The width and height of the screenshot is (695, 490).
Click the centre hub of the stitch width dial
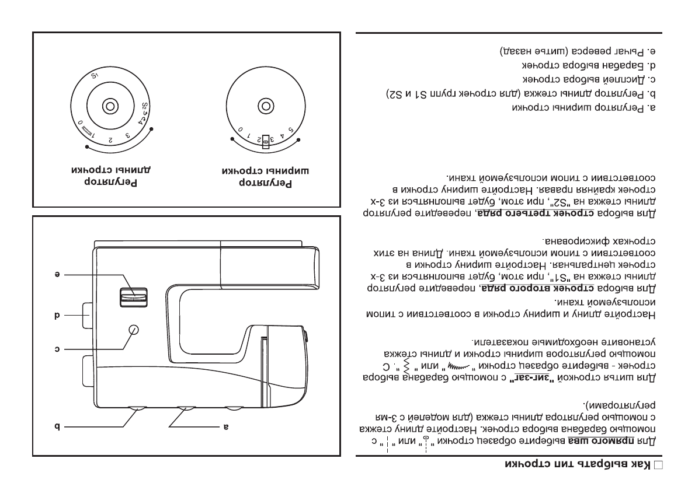[x=265, y=106]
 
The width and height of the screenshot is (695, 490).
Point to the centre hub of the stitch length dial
[x=109, y=106]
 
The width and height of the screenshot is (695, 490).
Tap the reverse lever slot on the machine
[x=133, y=297]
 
